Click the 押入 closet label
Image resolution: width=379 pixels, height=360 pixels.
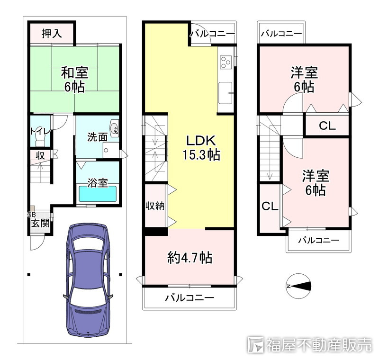click(x=52, y=34)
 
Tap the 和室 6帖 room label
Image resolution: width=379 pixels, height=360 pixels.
click(x=74, y=80)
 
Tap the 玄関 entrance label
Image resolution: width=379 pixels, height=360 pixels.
click(x=41, y=223)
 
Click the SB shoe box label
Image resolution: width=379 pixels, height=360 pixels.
click(x=32, y=214)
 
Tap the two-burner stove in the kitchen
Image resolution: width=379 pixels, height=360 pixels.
click(x=226, y=62)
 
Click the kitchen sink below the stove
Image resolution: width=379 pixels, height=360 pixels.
click(x=226, y=90)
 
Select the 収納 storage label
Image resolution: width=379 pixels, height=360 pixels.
click(x=154, y=206)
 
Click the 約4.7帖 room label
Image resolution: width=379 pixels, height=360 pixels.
click(x=189, y=258)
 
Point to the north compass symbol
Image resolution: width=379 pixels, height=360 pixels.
click(x=299, y=286)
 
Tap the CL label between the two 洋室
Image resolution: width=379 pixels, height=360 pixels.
click(x=327, y=126)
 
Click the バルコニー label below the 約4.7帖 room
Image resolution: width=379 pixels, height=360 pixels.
click(x=189, y=298)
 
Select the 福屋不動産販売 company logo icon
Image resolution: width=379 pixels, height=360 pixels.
click(x=256, y=344)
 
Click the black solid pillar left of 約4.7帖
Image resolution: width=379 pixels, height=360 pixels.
click(x=156, y=231)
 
